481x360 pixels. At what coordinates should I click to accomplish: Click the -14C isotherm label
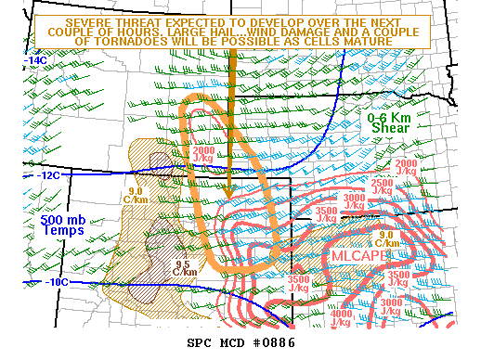[x=35, y=60]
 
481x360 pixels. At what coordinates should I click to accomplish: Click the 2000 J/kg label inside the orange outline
[x=206, y=155]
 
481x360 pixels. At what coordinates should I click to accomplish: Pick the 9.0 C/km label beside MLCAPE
[x=385, y=238]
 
